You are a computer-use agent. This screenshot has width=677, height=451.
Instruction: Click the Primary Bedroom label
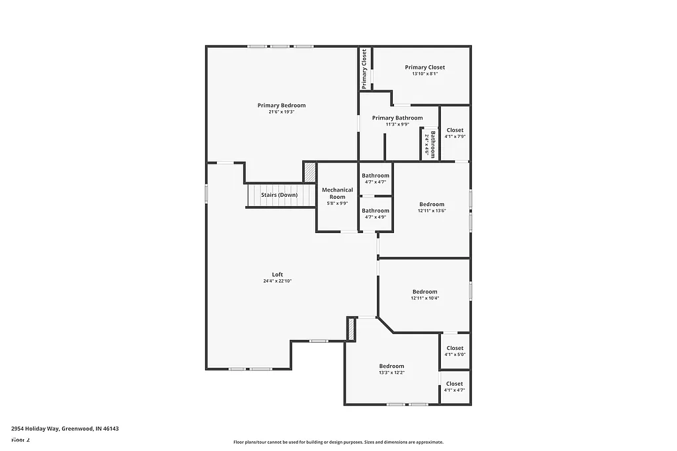pos(282,106)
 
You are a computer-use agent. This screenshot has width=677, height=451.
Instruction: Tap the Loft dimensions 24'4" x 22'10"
pos(277,281)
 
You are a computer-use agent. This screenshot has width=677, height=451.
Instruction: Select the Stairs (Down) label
pos(279,195)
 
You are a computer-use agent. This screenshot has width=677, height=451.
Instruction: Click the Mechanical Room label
pos(337,193)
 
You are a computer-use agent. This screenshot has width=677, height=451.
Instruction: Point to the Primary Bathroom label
pos(397,118)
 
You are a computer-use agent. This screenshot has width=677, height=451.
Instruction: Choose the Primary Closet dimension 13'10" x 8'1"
pos(424,74)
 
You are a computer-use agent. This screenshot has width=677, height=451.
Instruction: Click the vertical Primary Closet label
pos(364,69)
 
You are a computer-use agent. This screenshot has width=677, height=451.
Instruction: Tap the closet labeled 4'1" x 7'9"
pos(455,133)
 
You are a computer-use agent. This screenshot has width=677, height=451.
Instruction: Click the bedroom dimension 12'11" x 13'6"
pos(432,211)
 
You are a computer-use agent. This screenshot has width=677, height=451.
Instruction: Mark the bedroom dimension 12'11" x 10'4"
pos(424,298)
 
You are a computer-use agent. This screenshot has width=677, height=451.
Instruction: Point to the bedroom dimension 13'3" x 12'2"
pos(391,373)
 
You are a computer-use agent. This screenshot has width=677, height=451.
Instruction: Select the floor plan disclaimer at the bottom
pos(338,442)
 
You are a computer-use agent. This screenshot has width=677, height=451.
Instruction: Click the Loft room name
pos(278,275)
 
